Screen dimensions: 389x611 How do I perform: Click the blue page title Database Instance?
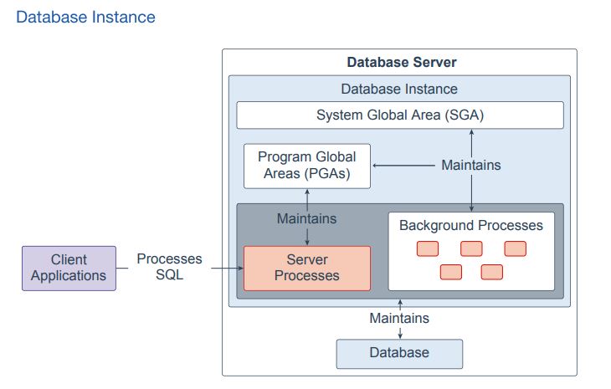(x=85, y=17)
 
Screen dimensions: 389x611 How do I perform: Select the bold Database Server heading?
(x=401, y=63)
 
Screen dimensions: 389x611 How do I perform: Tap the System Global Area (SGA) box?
(x=400, y=115)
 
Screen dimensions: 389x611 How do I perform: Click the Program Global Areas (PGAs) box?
(x=306, y=166)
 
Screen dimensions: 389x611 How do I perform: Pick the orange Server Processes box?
(x=306, y=268)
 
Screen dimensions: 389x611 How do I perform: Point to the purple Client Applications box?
(x=69, y=268)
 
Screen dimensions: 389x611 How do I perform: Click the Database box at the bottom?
(x=399, y=353)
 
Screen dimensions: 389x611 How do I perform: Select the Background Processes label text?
(x=470, y=225)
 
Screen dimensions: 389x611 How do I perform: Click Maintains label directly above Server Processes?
(x=306, y=218)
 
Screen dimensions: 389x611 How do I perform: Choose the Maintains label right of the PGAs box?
(x=470, y=165)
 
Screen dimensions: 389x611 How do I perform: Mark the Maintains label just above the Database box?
(x=399, y=318)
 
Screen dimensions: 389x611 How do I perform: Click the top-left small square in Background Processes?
(x=428, y=248)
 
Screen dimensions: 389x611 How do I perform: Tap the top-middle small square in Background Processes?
(x=471, y=248)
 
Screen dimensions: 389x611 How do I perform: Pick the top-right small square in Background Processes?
(x=515, y=248)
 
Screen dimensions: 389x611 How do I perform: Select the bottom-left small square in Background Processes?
(x=450, y=272)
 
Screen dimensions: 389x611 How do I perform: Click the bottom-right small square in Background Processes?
(x=492, y=272)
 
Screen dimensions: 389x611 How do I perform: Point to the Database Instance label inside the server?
(x=399, y=89)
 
